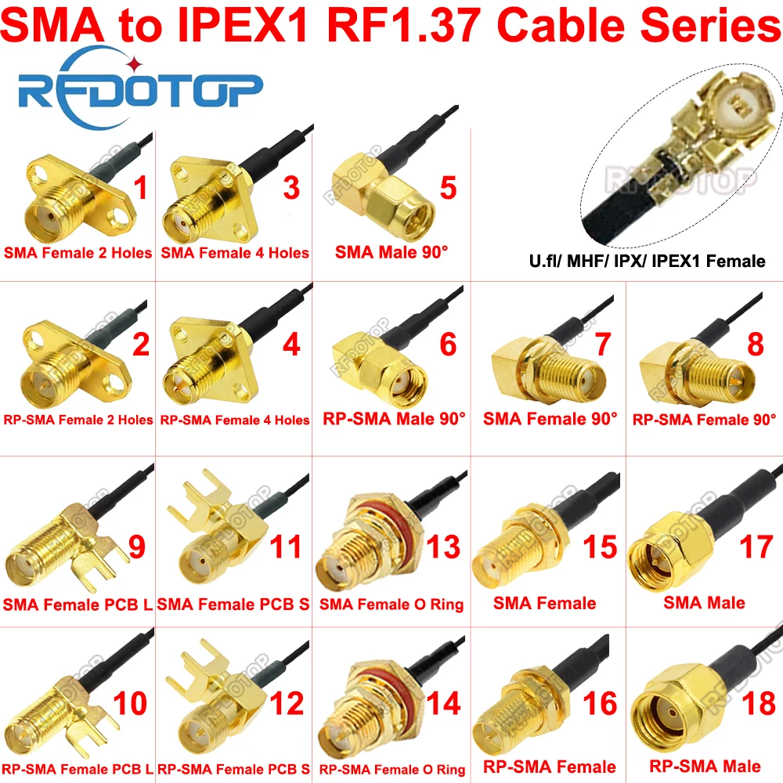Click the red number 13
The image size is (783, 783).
tap(442, 547)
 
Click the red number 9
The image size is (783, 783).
tap(136, 547)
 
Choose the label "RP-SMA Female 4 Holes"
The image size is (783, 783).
tap(235, 420)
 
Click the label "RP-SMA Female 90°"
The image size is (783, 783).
tap(704, 419)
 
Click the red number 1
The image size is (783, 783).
tap(141, 188)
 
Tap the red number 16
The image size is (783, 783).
tap(601, 703)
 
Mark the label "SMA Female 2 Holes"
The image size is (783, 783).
tap(78, 252)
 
